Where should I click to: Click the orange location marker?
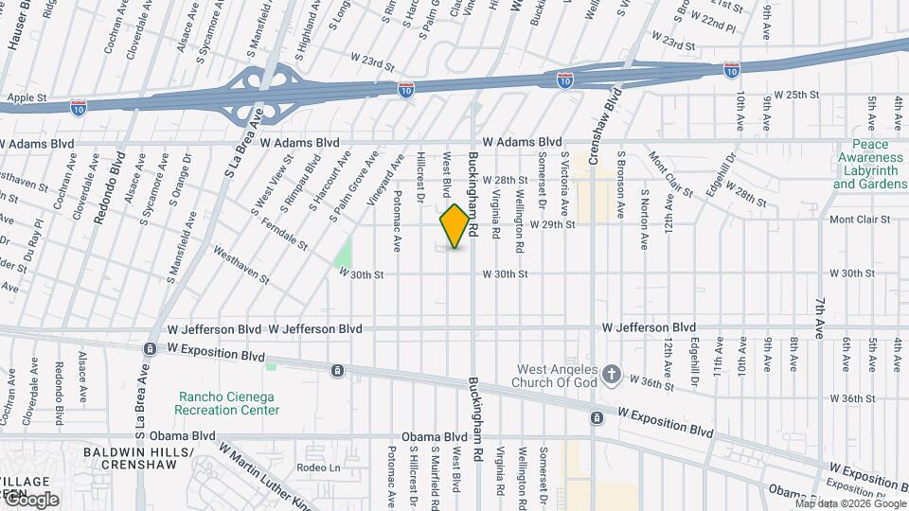tap(455, 225)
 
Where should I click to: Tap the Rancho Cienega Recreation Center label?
tap(226, 403)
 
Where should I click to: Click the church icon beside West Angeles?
tap(612, 374)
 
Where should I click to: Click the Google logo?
tap(30, 499)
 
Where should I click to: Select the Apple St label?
tap(27, 97)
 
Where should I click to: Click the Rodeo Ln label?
tap(318, 467)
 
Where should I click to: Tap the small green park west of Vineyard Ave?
tap(343, 253)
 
